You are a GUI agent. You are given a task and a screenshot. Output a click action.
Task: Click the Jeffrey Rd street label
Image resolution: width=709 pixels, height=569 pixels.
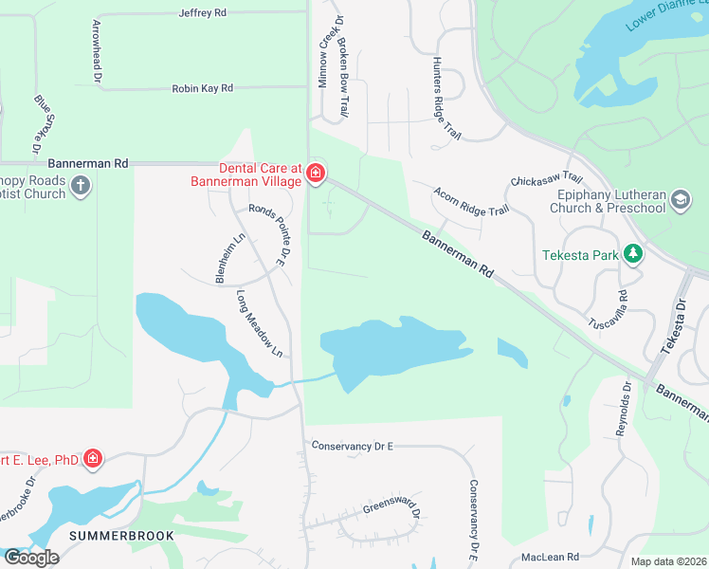click(203, 13)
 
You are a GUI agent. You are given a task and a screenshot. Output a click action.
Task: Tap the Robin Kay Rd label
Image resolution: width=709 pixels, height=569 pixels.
click(203, 88)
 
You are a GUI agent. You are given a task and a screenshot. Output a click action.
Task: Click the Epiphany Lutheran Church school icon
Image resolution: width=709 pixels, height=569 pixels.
click(680, 200)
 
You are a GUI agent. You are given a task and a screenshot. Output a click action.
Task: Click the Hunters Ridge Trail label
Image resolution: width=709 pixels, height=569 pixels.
click(445, 100)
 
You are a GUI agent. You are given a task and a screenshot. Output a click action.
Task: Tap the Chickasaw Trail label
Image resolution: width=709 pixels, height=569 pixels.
click(546, 178)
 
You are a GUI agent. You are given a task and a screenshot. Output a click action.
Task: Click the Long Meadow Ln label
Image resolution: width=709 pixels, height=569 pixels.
click(260, 323)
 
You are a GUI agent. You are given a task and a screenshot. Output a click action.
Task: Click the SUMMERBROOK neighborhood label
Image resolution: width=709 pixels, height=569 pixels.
click(121, 536)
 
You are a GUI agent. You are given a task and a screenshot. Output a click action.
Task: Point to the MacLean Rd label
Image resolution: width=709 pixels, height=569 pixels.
click(550, 557)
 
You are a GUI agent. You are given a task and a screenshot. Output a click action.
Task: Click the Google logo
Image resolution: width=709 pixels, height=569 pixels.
click(30, 558)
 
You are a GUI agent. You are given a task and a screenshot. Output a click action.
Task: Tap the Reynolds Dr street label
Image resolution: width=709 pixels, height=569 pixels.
click(623, 408)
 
